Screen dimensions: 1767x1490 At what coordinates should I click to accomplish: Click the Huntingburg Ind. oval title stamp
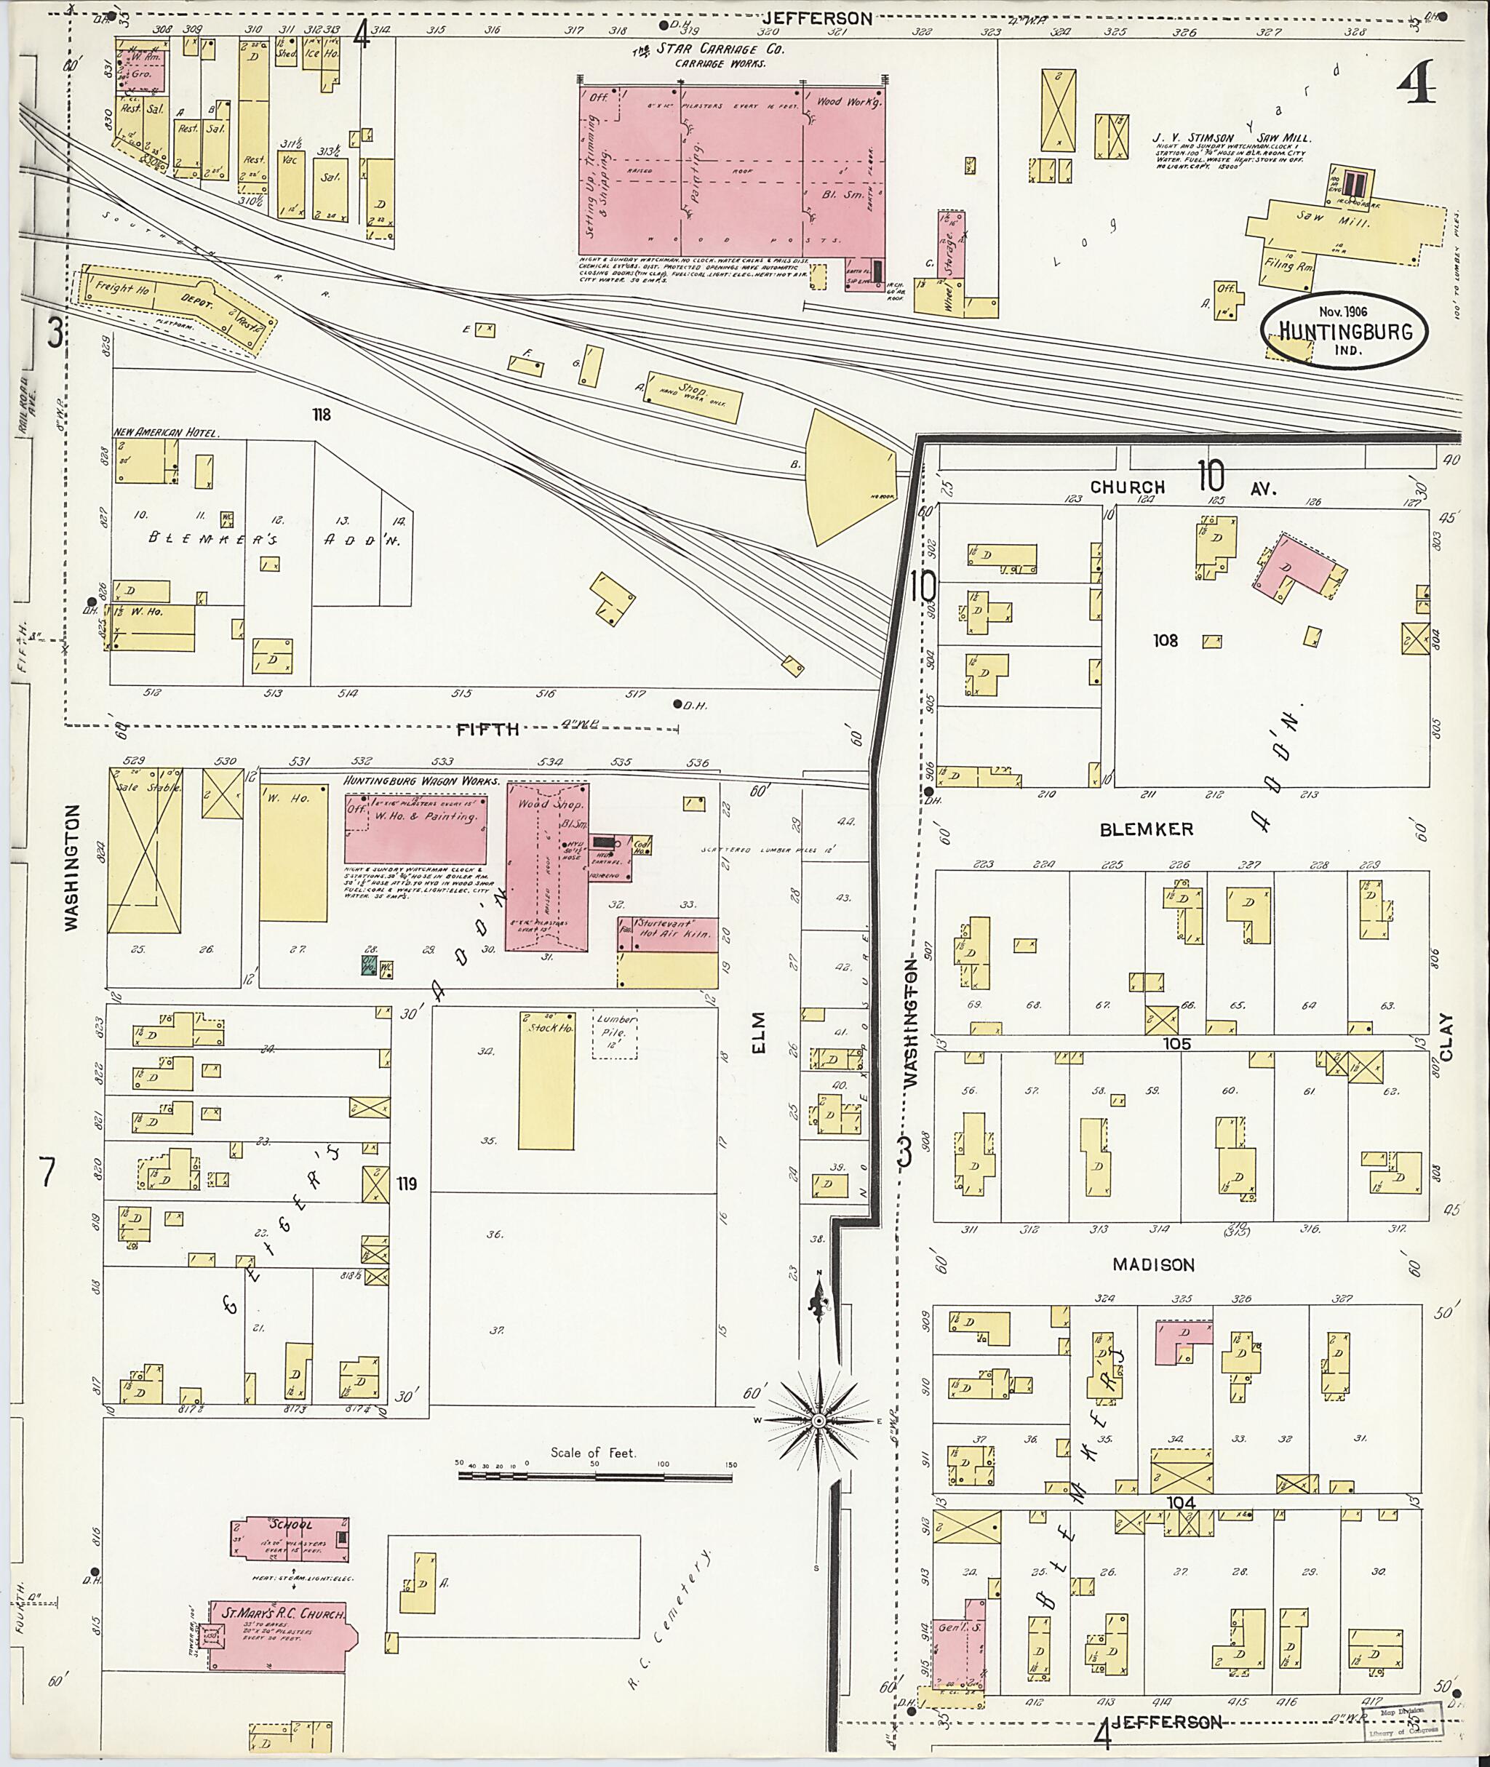(1344, 330)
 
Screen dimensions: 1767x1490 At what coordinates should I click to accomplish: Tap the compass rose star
(818, 1421)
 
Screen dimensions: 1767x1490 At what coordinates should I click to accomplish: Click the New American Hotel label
(167, 432)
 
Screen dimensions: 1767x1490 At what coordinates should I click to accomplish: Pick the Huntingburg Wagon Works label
(421, 782)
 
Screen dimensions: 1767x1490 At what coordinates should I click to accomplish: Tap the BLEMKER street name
(1146, 829)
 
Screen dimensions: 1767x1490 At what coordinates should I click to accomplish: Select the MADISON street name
(1153, 1264)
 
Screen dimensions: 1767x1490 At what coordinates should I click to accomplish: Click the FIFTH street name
(488, 729)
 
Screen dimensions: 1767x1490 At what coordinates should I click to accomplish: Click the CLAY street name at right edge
(1445, 1037)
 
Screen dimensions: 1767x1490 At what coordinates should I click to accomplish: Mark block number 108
(1166, 641)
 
